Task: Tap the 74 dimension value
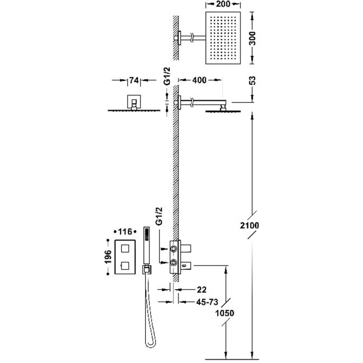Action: coord(133,80)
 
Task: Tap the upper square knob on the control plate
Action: coord(124,247)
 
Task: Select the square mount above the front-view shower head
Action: coord(134,102)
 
